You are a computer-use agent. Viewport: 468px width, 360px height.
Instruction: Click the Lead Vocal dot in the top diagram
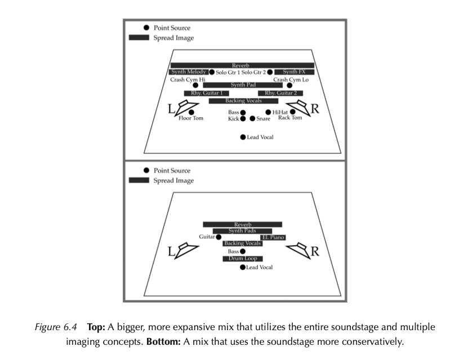[243, 137]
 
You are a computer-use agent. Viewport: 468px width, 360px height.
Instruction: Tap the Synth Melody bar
[189, 72]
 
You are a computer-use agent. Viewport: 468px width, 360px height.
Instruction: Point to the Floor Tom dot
[191, 113]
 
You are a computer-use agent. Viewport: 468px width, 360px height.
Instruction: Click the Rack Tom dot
[293, 112]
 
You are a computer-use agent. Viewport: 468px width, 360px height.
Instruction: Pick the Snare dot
[252, 119]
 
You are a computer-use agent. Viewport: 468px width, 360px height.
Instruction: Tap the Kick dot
[243, 119]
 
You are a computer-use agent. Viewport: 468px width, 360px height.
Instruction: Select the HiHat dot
[268, 112]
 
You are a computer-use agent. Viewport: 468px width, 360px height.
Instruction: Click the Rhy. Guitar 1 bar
[206, 93]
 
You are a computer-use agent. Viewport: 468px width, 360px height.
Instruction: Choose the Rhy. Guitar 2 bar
[280, 93]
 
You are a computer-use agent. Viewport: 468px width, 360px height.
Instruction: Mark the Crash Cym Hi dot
[195, 86]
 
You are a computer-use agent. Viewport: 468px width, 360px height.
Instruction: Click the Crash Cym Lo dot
[289, 86]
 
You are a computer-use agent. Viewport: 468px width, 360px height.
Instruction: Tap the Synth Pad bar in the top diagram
[243, 85]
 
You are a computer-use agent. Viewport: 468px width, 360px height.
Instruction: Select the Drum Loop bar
[243, 259]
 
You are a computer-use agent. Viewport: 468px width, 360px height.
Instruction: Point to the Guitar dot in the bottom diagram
[219, 238]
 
